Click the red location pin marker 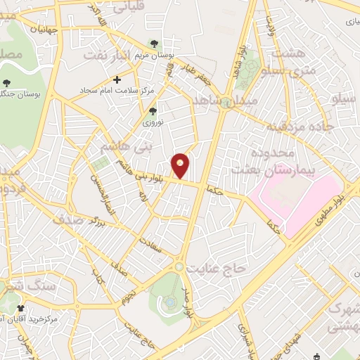pyautogui.click(x=181, y=165)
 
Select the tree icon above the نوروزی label pyautogui.click(x=153, y=110)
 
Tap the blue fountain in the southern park pyautogui.click(x=171, y=302)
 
